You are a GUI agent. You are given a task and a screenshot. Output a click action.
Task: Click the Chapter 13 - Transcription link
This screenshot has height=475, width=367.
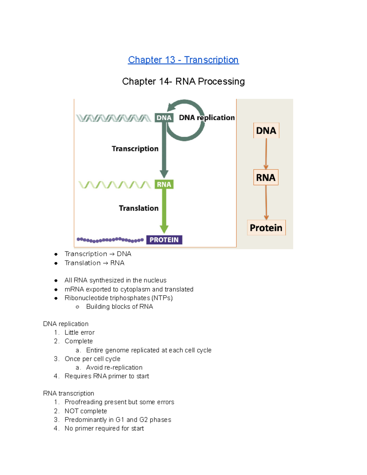point(183,60)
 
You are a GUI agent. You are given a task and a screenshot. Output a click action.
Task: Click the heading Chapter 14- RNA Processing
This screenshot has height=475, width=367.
point(183,81)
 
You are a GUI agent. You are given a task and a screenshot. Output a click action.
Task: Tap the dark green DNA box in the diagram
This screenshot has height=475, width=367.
point(164,118)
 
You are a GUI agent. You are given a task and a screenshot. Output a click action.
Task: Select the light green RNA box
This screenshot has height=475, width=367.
point(164,184)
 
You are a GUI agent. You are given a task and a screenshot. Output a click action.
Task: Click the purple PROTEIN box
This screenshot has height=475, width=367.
point(164,240)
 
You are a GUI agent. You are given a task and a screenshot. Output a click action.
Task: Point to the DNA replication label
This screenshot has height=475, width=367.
point(207,118)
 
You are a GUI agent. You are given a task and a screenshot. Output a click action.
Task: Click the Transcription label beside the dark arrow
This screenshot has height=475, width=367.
point(135,149)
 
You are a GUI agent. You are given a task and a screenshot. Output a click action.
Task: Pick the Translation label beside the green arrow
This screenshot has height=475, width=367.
point(139,208)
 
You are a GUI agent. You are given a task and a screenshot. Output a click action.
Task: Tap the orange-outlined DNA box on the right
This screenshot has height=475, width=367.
point(266,131)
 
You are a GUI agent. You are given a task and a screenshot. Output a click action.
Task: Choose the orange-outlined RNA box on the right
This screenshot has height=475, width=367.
point(266,177)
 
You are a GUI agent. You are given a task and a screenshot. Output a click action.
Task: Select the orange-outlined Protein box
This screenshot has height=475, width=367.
point(266,228)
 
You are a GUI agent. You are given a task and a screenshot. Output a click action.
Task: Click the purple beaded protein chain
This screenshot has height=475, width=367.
point(110,240)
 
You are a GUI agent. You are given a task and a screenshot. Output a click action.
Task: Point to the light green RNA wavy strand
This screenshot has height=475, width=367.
point(115,185)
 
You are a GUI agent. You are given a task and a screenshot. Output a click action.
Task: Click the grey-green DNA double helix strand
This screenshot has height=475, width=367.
point(113,118)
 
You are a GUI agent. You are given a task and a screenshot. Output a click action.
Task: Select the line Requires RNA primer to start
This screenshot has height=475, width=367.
point(107,376)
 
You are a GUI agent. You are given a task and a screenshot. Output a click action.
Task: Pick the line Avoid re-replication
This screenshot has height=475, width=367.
point(114,368)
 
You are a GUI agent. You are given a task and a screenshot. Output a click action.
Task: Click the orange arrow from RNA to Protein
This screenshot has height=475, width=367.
point(266,202)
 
